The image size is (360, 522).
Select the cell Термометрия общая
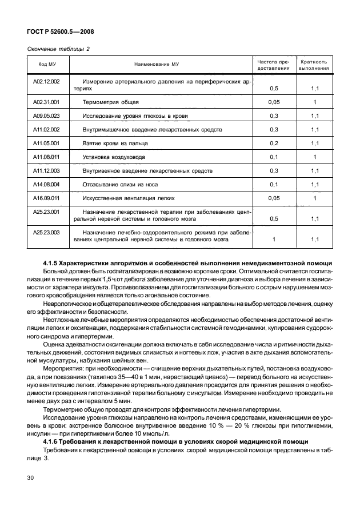coord(111,102)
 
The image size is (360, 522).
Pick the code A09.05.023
coord(43,116)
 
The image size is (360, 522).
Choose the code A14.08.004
coord(43,185)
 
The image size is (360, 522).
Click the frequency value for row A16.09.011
coord(273,198)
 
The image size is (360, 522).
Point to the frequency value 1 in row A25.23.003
coord(273,240)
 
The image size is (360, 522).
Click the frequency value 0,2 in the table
coord(273,144)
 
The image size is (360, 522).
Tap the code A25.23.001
coord(43,212)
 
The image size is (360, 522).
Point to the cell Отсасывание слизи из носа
coord(122,185)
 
